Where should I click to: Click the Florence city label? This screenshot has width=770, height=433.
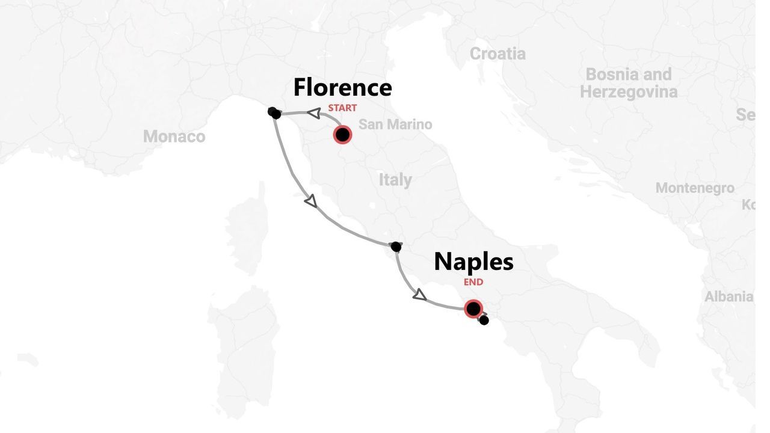click(x=342, y=88)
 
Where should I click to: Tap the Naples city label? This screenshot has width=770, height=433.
click(x=473, y=262)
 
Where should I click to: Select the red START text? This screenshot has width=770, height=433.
click(x=342, y=108)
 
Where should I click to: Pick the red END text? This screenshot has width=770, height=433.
click(x=473, y=282)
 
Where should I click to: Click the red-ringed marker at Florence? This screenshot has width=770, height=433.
click(x=342, y=135)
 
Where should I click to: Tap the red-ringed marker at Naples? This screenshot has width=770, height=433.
click(x=473, y=309)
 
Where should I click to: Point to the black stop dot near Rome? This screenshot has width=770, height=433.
click(x=396, y=247)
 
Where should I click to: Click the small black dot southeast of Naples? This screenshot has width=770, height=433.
click(x=484, y=321)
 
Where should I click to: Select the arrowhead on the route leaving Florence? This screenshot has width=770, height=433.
click(x=313, y=113)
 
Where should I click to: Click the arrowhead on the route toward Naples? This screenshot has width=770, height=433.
click(x=419, y=295)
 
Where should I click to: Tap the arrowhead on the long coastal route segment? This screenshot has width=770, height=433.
click(x=310, y=201)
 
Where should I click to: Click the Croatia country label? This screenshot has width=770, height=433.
click(x=497, y=54)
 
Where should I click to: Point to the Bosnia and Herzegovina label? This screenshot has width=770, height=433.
click(x=629, y=84)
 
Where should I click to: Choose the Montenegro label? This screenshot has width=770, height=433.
click(x=695, y=188)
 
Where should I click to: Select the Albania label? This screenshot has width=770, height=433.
click(x=728, y=296)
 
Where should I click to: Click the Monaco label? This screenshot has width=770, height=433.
click(x=174, y=137)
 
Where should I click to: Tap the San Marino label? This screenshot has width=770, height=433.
click(x=395, y=124)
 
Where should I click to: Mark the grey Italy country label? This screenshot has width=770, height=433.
click(x=395, y=180)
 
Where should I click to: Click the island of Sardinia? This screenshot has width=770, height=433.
click(x=244, y=349)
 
